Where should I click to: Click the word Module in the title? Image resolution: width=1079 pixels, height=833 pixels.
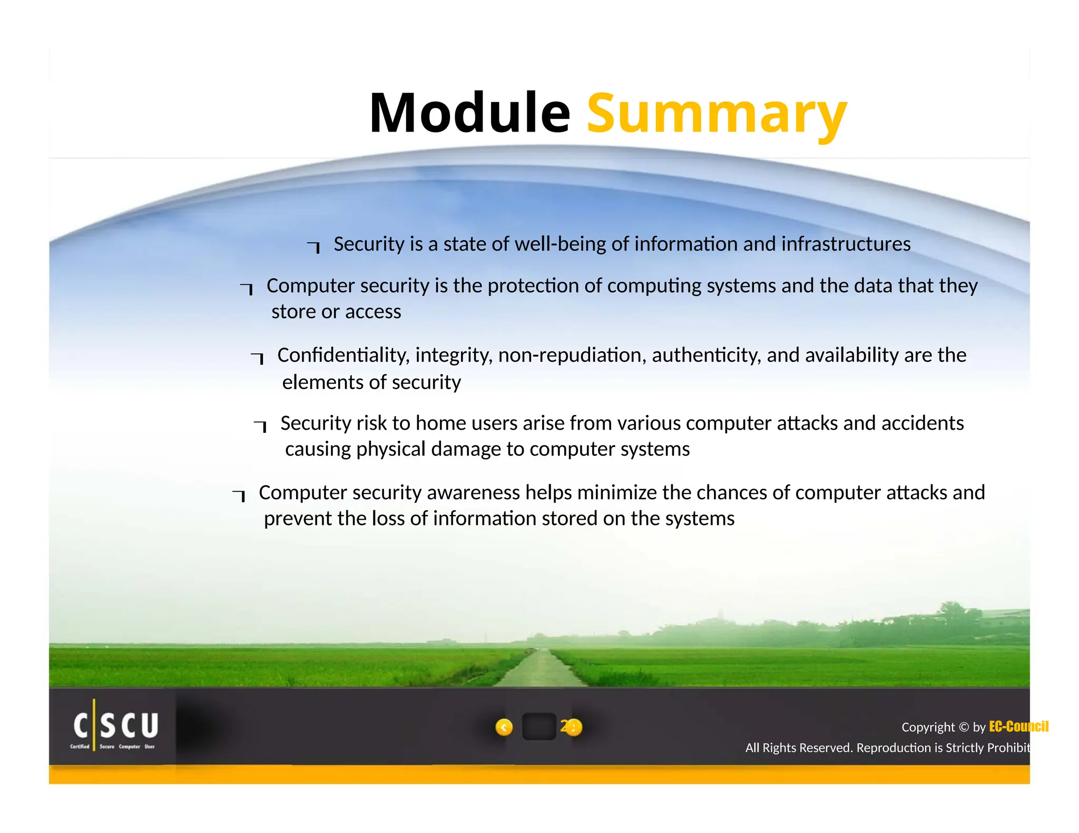coord(469,113)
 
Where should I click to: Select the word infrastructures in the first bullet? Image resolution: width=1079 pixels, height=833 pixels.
coord(846,244)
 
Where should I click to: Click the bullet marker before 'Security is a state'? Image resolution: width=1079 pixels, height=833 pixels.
coord(315,246)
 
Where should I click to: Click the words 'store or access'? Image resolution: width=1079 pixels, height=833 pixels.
coord(336,312)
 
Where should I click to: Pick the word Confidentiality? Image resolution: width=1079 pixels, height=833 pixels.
coord(343,355)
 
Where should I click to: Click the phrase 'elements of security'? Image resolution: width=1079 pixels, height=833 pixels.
coord(371,382)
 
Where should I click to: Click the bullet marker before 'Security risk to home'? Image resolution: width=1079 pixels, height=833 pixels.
coord(261,425)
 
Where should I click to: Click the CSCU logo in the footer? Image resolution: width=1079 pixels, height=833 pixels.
coord(115,727)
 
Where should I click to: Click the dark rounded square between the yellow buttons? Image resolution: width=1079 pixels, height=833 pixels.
coord(538,727)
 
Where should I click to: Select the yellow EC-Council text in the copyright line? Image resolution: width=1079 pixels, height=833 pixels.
coord(1018,727)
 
